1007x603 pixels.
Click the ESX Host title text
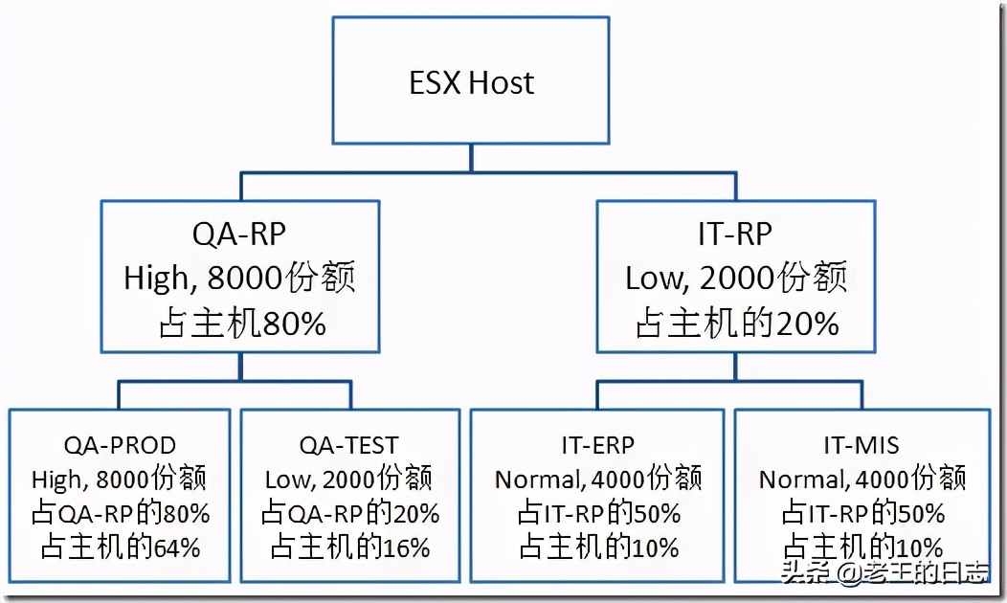pyautogui.click(x=472, y=82)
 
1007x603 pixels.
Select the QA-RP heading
pyautogui.click(x=240, y=234)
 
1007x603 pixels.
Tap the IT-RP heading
pyautogui.click(x=736, y=234)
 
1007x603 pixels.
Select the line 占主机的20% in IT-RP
pyautogui.click(x=736, y=324)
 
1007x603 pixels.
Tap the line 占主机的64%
pyautogui.click(x=120, y=547)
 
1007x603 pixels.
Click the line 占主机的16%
pyautogui.click(x=349, y=547)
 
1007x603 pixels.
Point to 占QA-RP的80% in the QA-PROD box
pyautogui.click(x=120, y=513)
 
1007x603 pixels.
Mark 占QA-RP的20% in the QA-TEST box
pyautogui.click(x=349, y=513)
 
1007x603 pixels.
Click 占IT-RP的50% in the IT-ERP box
pyautogui.click(x=597, y=513)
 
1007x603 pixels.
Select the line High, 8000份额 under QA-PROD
pyautogui.click(x=120, y=479)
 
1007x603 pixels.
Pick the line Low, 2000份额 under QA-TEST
pyautogui.click(x=349, y=479)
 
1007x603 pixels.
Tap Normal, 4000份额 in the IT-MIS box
pyautogui.click(x=862, y=479)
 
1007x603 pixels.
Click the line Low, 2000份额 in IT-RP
pyautogui.click(x=736, y=279)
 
